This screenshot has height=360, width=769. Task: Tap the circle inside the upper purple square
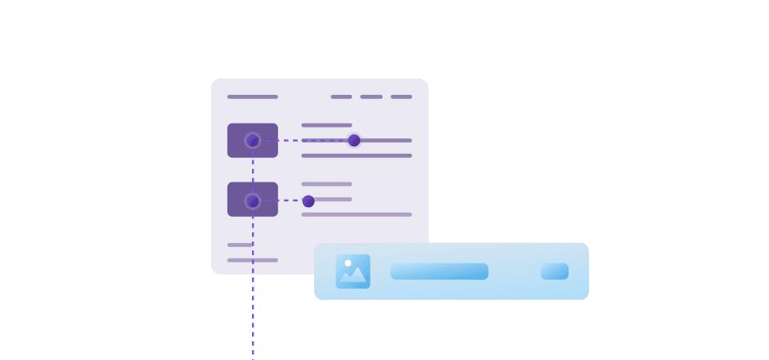click(x=253, y=140)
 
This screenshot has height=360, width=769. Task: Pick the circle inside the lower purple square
click(x=253, y=200)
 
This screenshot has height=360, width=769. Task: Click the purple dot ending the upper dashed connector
click(x=354, y=140)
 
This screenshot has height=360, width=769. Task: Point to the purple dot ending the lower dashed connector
click(x=308, y=201)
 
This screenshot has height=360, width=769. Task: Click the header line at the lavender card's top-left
click(x=253, y=97)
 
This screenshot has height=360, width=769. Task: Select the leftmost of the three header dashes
click(x=341, y=97)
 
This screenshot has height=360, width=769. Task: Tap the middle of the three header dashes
click(x=371, y=97)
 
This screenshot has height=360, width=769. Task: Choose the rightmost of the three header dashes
click(x=401, y=97)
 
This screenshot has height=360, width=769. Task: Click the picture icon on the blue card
click(x=353, y=271)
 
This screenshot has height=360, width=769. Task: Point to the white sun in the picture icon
click(x=348, y=263)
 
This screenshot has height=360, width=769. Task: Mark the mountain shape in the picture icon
click(x=353, y=277)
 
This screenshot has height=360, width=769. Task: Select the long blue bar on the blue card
click(x=439, y=271)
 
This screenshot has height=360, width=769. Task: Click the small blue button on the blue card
click(x=555, y=271)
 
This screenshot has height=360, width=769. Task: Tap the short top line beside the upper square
click(x=326, y=125)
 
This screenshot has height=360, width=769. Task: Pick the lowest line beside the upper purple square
click(x=357, y=155)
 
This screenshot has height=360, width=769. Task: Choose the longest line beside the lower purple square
click(x=357, y=214)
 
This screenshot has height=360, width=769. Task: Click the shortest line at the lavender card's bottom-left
click(x=240, y=245)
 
